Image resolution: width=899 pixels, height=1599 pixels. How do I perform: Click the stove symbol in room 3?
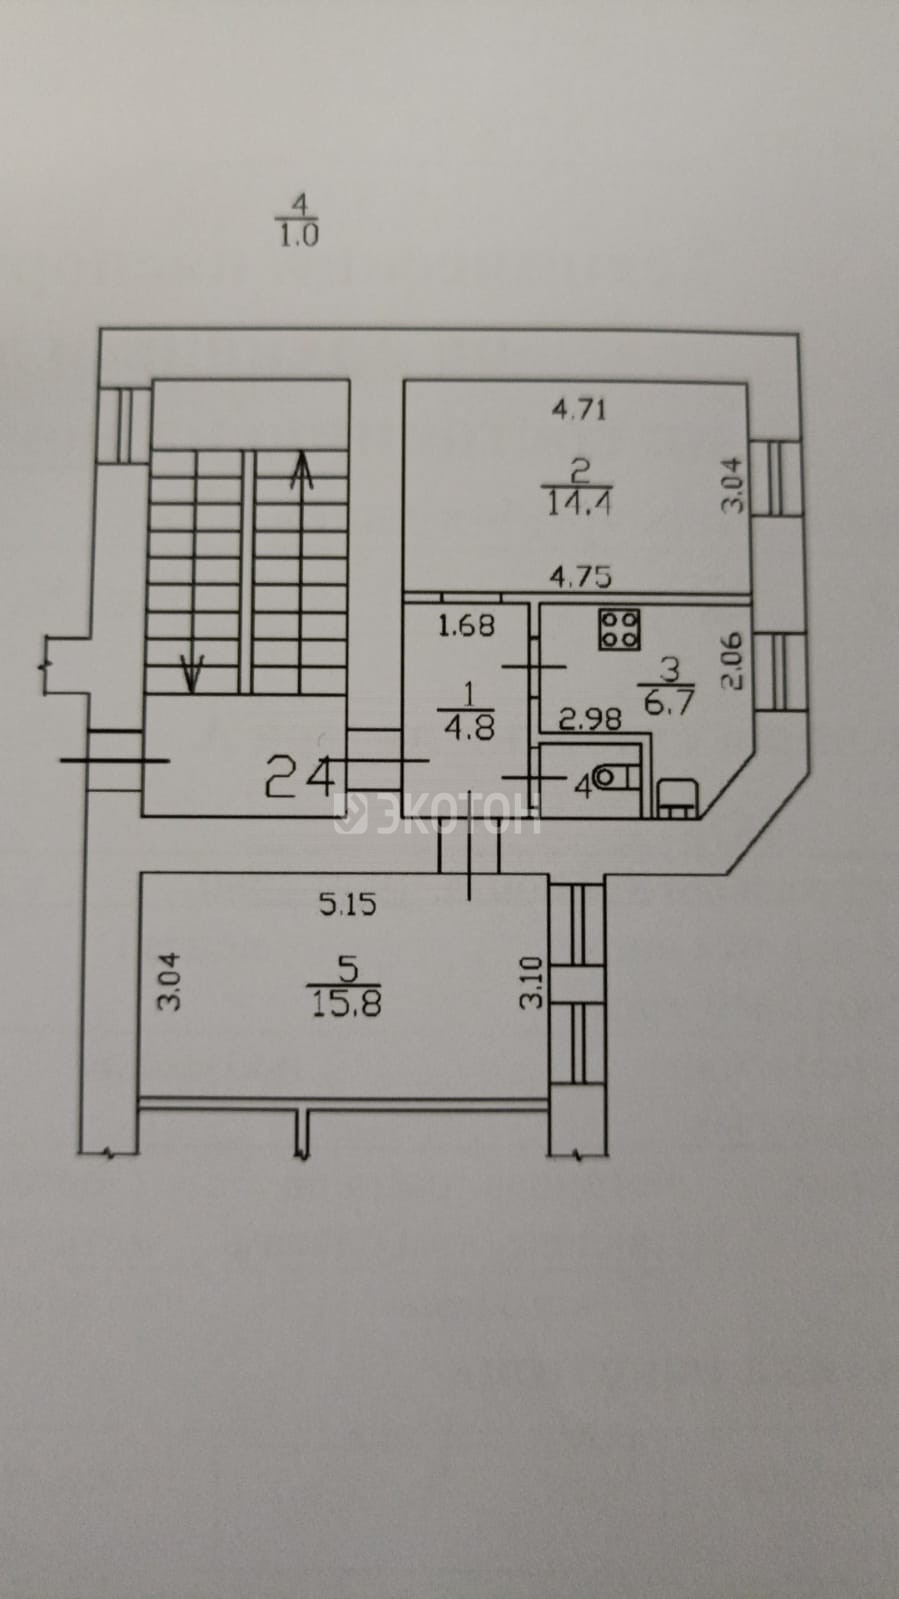619,630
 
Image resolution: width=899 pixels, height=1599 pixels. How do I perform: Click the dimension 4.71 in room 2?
579,410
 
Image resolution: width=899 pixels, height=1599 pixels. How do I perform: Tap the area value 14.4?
579,505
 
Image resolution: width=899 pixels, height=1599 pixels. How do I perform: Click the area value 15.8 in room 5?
346,1005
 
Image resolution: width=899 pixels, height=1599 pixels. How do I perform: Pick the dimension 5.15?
347,905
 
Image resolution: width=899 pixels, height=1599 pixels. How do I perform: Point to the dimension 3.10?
531,982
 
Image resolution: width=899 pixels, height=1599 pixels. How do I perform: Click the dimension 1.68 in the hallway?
466,626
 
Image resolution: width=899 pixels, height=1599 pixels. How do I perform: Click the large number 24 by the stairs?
300,777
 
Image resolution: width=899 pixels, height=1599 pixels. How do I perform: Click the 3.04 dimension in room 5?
170,982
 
